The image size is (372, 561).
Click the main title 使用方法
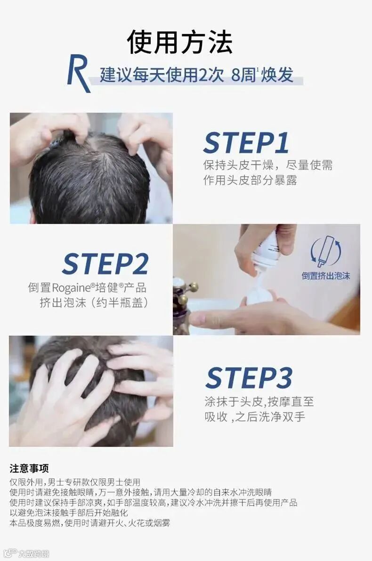(x=180, y=42)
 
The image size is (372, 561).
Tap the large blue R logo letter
(x=78, y=73)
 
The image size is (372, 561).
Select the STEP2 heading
(x=105, y=264)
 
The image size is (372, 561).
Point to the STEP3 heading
(x=249, y=378)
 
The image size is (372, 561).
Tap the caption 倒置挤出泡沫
(x=325, y=276)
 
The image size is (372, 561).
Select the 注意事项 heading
(x=29, y=468)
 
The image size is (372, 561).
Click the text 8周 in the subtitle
(x=243, y=75)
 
